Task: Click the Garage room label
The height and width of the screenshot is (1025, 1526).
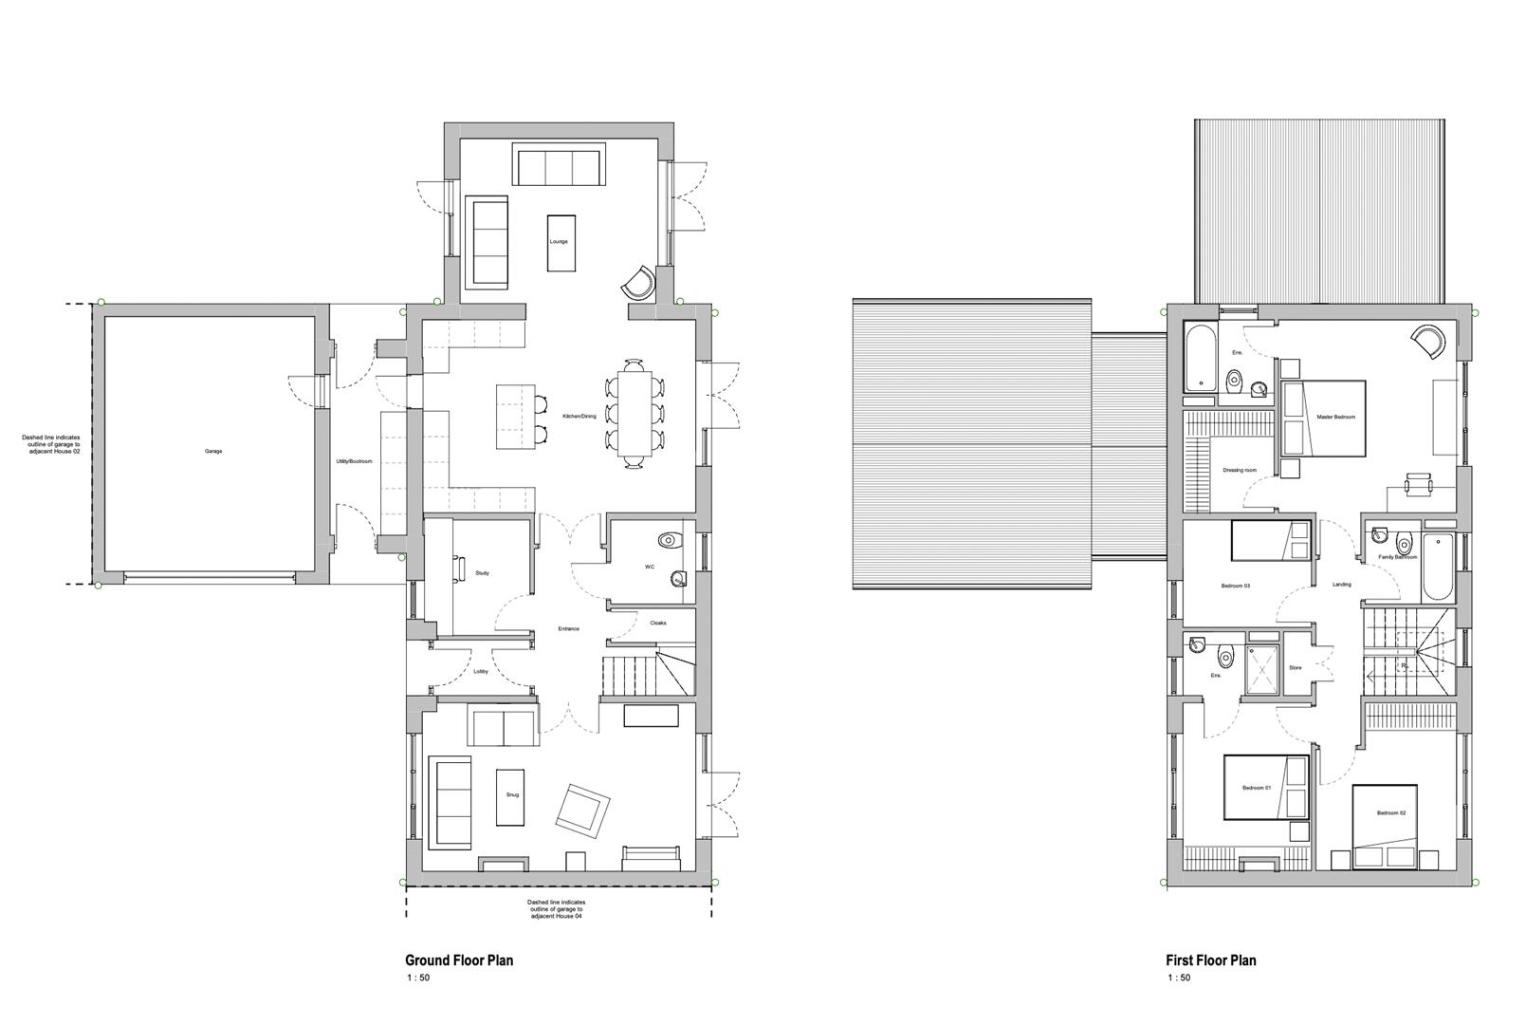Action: [x=212, y=452]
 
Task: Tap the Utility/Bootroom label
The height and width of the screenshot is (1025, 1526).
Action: [x=355, y=462]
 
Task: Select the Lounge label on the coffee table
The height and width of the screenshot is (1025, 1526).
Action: [x=559, y=242]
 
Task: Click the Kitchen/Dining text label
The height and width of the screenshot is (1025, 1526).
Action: [x=579, y=417]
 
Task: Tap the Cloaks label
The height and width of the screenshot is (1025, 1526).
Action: [x=658, y=624]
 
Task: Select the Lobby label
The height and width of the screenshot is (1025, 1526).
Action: [x=481, y=673]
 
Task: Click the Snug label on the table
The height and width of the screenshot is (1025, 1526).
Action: [x=512, y=795]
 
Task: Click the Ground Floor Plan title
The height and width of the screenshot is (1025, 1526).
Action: [x=459, y=960]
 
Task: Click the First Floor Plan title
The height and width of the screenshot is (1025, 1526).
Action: [x=1211, y=960]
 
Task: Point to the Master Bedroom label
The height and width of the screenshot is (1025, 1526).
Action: [x=1335, y=418]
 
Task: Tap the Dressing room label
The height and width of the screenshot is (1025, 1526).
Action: [x=1240, y=471]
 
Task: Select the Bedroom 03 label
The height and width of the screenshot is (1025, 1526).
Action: [x=1235, y=587]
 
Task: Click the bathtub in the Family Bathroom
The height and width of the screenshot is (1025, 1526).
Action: [x=1437, y=567]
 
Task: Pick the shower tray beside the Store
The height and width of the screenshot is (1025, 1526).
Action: [x=1262, y=670]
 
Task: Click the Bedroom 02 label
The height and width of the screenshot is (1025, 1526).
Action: [x=1391, y=813]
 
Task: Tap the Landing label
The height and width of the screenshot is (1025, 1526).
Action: [x=1341, y=585]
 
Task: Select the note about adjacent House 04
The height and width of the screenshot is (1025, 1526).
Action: [x=558, y=909]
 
